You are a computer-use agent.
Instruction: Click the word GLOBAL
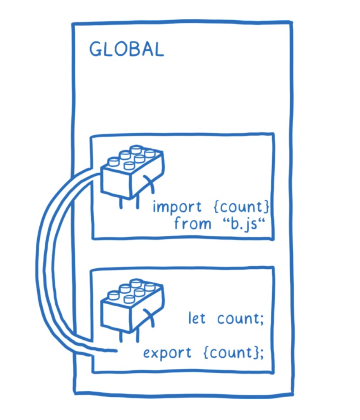[x=126, y=50]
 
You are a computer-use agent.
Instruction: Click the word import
[x=171, y=207]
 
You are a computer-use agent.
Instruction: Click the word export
[x=167, y=353]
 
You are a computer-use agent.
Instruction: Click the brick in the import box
[x=132, y=171]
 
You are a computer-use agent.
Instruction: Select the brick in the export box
[x=132, y=304]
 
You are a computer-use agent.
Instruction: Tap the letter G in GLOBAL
[x=96, y=50]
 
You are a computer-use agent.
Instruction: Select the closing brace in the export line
[x=254, y=352]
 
